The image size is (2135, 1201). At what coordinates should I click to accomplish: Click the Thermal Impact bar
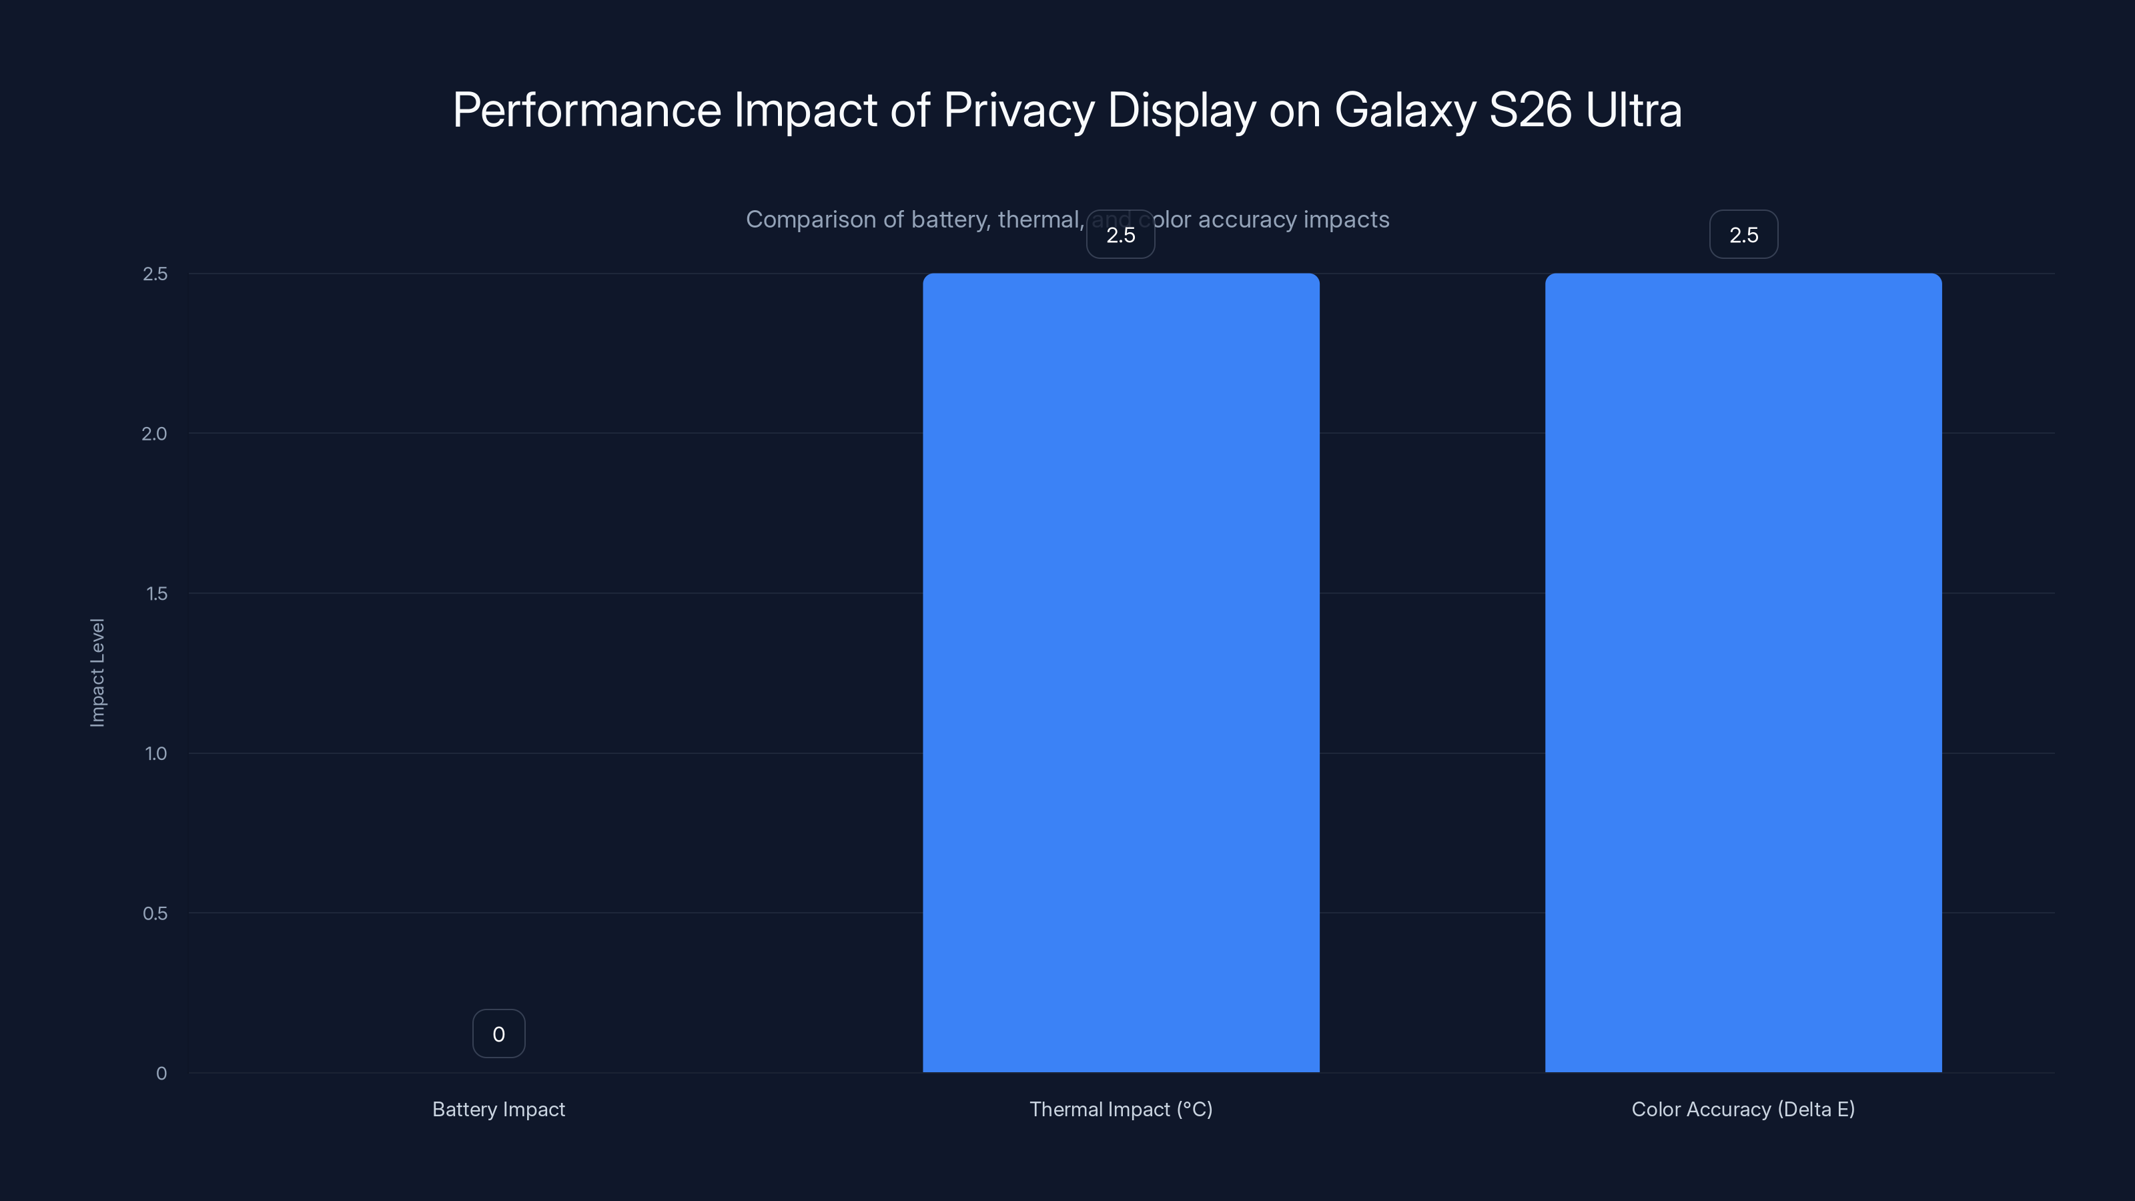pyautogui.click(x=1121, y=672)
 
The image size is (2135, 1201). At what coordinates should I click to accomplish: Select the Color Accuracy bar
pyautogui.click(x=1743, y=672)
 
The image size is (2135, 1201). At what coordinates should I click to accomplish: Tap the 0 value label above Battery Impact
pyautogui.click(x=498, y=1034)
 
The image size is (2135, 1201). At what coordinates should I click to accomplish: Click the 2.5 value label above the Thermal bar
pyautogui.click(x=1121, y=235)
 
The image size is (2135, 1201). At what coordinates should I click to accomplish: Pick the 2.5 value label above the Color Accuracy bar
pyautogui.click(x=1743, y=235)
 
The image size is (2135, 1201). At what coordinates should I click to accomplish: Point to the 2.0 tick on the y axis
pyautogui.click(x=154, y=434)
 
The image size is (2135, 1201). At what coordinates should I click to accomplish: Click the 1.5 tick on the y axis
pyautogui.click(x=156, y=593)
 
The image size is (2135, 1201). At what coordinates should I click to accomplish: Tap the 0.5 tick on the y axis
pyautogui.click(x=155, y=913)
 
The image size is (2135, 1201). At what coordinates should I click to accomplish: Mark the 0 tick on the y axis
pyautogui.click(x=161, y=1074)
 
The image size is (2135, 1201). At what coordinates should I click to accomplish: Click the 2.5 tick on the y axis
pyautogui.click(x=155, y=274)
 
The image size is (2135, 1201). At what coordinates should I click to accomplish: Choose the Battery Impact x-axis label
pyautogui.click(x=498, y=1109)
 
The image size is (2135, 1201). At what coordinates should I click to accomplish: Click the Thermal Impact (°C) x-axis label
pyautogui.click(x=1121, y=1109)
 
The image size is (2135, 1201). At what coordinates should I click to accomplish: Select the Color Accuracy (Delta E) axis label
pyautogui.click(x=1743, y=1109)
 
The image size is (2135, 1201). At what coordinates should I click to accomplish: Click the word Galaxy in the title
pyautogui.click(x=1404, y=110)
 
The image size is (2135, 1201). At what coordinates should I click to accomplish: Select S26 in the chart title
pyautogui.click(x=1530, y=110)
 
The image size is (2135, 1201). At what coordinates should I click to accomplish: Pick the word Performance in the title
pyautogui.click(x=587, y=110)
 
